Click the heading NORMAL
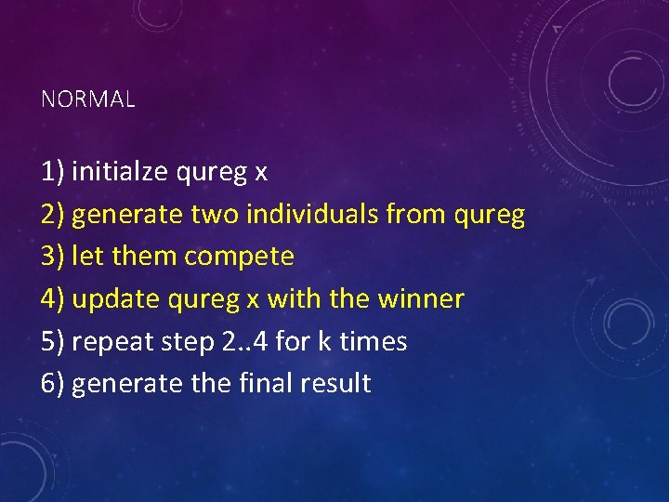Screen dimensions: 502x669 click(88, 99)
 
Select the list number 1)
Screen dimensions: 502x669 click(53, 172)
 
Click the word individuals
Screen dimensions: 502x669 click(311, 215)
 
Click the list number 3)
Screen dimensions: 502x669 click(53, 257)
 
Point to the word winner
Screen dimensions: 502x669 click(420, 299)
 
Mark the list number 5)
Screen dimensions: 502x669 click(53, 341)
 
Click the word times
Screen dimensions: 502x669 click(374, 341)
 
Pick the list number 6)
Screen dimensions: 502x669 click(53, 383)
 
